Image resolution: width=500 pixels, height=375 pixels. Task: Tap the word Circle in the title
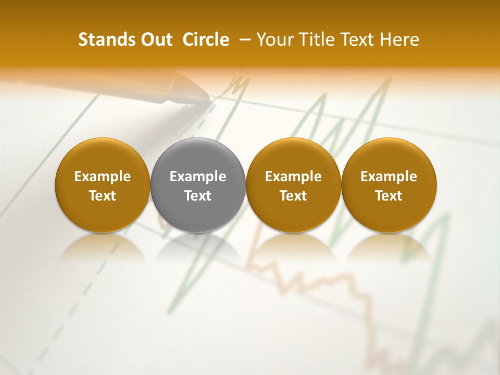click(x=206, y=40)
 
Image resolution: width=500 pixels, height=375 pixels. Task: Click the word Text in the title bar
click(x=356, y=40)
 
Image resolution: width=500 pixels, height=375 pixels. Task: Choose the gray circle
click(x=198, y=185)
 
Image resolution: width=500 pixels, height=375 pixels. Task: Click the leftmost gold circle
click(x=103, y=185)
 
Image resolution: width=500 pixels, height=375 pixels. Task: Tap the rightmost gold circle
click(x=389, y=185)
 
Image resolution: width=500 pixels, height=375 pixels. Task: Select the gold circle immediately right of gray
click(x=293, y=185)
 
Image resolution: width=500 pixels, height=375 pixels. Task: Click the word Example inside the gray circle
click(x=198, y=177)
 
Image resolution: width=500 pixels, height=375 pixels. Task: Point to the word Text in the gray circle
click(x=198, y=196)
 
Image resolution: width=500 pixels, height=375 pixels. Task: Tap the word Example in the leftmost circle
click(x=103, y=177)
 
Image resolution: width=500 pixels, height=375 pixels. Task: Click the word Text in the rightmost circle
click(x=389, y=196)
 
